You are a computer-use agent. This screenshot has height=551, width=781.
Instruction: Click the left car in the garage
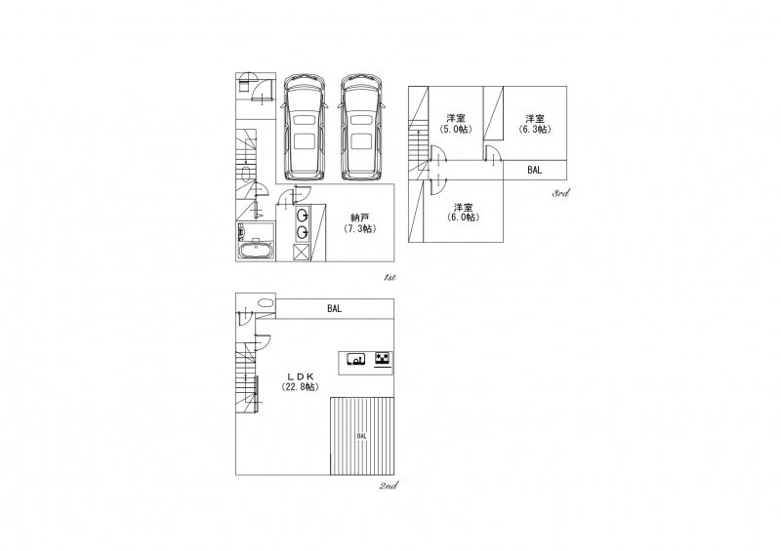(x=304, y=128)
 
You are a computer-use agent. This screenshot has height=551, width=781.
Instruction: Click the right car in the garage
(x=361, y=128)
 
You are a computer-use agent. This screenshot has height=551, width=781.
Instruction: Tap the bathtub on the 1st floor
(x=256, y=251)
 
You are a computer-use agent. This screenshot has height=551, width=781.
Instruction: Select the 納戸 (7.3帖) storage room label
(x=359, y=223)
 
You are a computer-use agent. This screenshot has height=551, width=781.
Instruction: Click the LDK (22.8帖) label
(x=300, y=381)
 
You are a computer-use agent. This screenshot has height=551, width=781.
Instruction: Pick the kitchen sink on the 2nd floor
(x=355, y=358)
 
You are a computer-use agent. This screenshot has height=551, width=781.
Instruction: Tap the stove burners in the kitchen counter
(x=383, y=358)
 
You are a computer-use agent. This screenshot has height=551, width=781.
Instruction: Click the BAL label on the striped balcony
(x=362, y=436)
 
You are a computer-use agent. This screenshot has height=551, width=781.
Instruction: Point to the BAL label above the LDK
(x=335, y=308)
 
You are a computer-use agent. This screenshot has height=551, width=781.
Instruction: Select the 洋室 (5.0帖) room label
(x=456, y=124)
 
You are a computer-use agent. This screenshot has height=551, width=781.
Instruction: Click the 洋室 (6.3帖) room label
(x=535, y=124)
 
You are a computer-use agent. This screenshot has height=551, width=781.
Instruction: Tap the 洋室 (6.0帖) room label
(x=463, y=213)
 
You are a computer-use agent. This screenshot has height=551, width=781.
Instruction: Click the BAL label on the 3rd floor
(x=534, y=170)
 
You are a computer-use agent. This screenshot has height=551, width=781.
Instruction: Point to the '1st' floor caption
(x=390, y=277)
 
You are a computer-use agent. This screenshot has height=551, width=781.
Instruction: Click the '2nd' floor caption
(x=388, y=486)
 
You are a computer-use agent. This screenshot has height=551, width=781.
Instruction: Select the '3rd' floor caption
(x=560, y=193)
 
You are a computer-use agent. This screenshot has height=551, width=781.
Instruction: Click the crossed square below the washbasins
(x=302, y=253)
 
